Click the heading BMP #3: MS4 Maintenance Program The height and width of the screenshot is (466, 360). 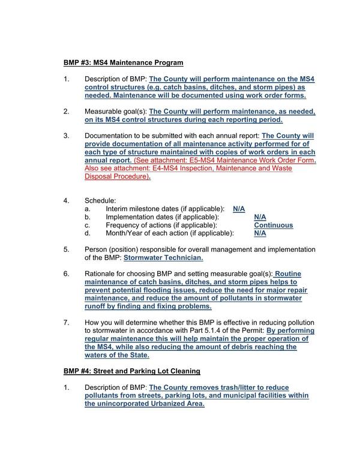pos(124,62)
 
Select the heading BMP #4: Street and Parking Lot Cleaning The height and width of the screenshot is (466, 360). pos(132,371)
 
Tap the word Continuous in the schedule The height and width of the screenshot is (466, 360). pos(274,225)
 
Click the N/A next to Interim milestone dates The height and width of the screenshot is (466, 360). pos(239,208)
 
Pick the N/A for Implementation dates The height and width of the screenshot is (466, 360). pos(260,217)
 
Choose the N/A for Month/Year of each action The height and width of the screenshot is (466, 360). pos(260,233)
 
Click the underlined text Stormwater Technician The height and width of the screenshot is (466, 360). pos(163,258)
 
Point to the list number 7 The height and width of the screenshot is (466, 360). pos(67,322)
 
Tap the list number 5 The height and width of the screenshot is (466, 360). pos(67,249)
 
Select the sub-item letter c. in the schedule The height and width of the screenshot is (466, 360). pos(88,225)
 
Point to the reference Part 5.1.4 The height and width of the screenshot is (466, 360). pos(212,330)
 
